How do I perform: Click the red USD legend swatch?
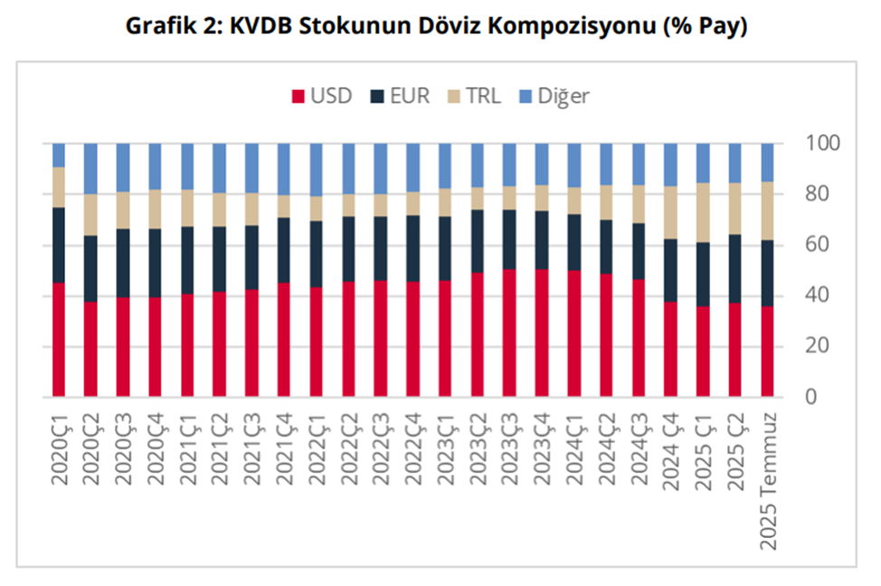[x=297, y=96]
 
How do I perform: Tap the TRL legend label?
[x=483, y=96]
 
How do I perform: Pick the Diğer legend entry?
[x=563, y=96]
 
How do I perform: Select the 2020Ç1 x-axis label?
[x=60, y=449]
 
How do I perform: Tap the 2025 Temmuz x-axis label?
[x=770, y=479]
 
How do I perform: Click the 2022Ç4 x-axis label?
[x=414, y=449]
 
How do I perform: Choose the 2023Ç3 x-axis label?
[x=510, y=449]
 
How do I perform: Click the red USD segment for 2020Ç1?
[x=59, y=340]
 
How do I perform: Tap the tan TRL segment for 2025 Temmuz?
[x=768, y=210]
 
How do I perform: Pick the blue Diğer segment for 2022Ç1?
[x=316, y=169]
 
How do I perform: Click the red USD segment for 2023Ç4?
[x=542, y=332]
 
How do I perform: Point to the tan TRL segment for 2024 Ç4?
[x=671, y=212]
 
